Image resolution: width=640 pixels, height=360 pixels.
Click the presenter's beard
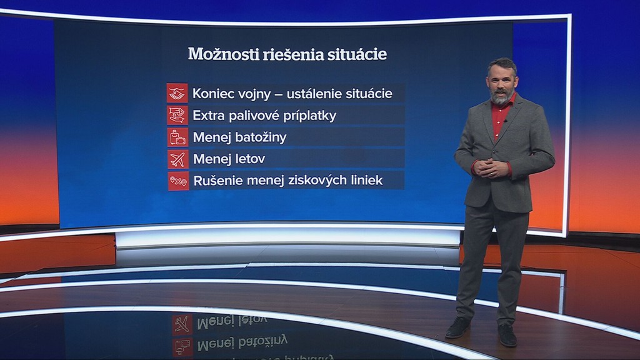[x=501, y=97]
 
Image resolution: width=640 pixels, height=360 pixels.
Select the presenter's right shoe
[x=458, y=327]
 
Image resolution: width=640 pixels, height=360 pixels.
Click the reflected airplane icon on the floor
[x=182, y=324]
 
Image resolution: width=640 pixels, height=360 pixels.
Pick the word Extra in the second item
[x=208, y=116]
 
